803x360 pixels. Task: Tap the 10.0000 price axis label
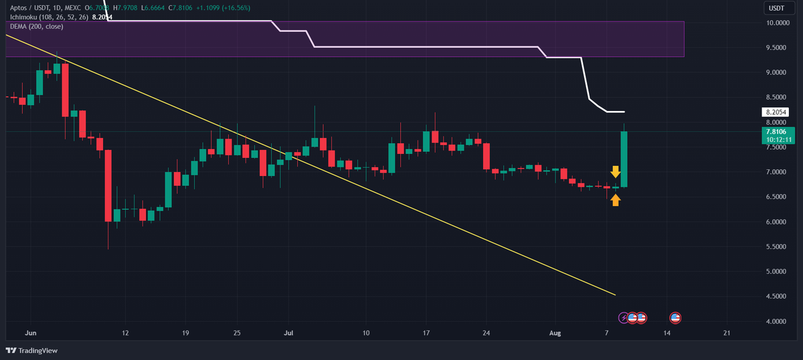pyautogui.click(x=776, y=23)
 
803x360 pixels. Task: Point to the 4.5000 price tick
pyautogui.click(x=776, y=296)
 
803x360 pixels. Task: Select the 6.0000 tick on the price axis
pyautogui.click(x=776, y=222)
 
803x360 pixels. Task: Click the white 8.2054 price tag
pyautogui.click(x=777, y=112)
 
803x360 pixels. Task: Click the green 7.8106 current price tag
pyautogui.click(x=777, y=132)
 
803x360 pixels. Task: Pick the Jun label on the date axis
pyautogui.click(x=29, y=332)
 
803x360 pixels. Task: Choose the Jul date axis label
pyautogui.click(x=288, y=332)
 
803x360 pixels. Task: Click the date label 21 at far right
pyautogui.click(x=727, y=332)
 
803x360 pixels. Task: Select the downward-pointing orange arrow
pyautogui.click(x=616, y=172)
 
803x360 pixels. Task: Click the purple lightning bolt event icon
pyautogui.click(x=624, y=317)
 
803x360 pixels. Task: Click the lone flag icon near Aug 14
pyautogui.click(x=675, y=317)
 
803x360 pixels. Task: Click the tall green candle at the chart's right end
pyautogui.click(x=624, y=159)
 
